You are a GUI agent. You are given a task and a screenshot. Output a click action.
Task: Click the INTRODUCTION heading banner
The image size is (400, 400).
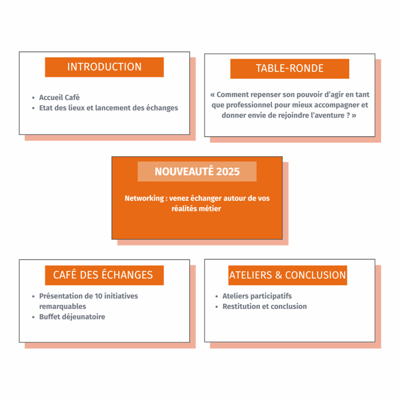click(x=104, y=67)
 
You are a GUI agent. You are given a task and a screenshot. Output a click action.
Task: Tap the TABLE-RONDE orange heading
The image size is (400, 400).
click(x=289, y=69)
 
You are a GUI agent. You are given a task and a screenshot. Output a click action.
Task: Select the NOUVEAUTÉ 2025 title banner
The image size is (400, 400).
click(x=197, y=171)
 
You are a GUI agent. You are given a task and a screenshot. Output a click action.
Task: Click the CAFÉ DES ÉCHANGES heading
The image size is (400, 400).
click(x=104, y=275)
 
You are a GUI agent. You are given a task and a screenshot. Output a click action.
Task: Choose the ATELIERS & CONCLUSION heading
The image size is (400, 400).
click(x=287, y=275)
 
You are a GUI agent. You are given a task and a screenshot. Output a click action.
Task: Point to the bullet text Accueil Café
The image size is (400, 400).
click(x=59, y=97)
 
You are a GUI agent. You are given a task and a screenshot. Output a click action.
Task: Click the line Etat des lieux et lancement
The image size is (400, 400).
click(x=109, y=108)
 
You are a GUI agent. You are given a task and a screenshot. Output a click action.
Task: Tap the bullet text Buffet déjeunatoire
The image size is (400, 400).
click(x=72, y=317)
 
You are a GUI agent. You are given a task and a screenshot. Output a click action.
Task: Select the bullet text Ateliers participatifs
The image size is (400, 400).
click(x=257, y=296)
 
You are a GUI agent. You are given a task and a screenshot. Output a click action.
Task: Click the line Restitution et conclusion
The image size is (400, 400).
click(x=264, y=306)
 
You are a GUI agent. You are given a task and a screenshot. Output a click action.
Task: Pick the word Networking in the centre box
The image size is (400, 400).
click(x=144, y=198)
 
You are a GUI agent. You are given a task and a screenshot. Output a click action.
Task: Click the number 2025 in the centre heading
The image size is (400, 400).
click(x=228, y=172)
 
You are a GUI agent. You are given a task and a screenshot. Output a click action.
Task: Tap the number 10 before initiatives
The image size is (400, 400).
click(x=98, y=296)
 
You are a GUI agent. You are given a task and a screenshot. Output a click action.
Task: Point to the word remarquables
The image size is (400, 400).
click(x=62, y=306)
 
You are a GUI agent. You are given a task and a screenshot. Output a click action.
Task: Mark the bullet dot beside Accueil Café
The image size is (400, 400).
click(x=34, y=98)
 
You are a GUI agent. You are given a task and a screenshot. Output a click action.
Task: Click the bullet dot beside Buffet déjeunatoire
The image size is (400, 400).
click(x=34, y=317)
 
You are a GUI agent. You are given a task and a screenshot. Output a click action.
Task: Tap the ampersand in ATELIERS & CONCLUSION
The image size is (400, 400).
click(x=278, y=275)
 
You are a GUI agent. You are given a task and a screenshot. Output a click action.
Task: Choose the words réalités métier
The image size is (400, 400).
click(x=196, y=209)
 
